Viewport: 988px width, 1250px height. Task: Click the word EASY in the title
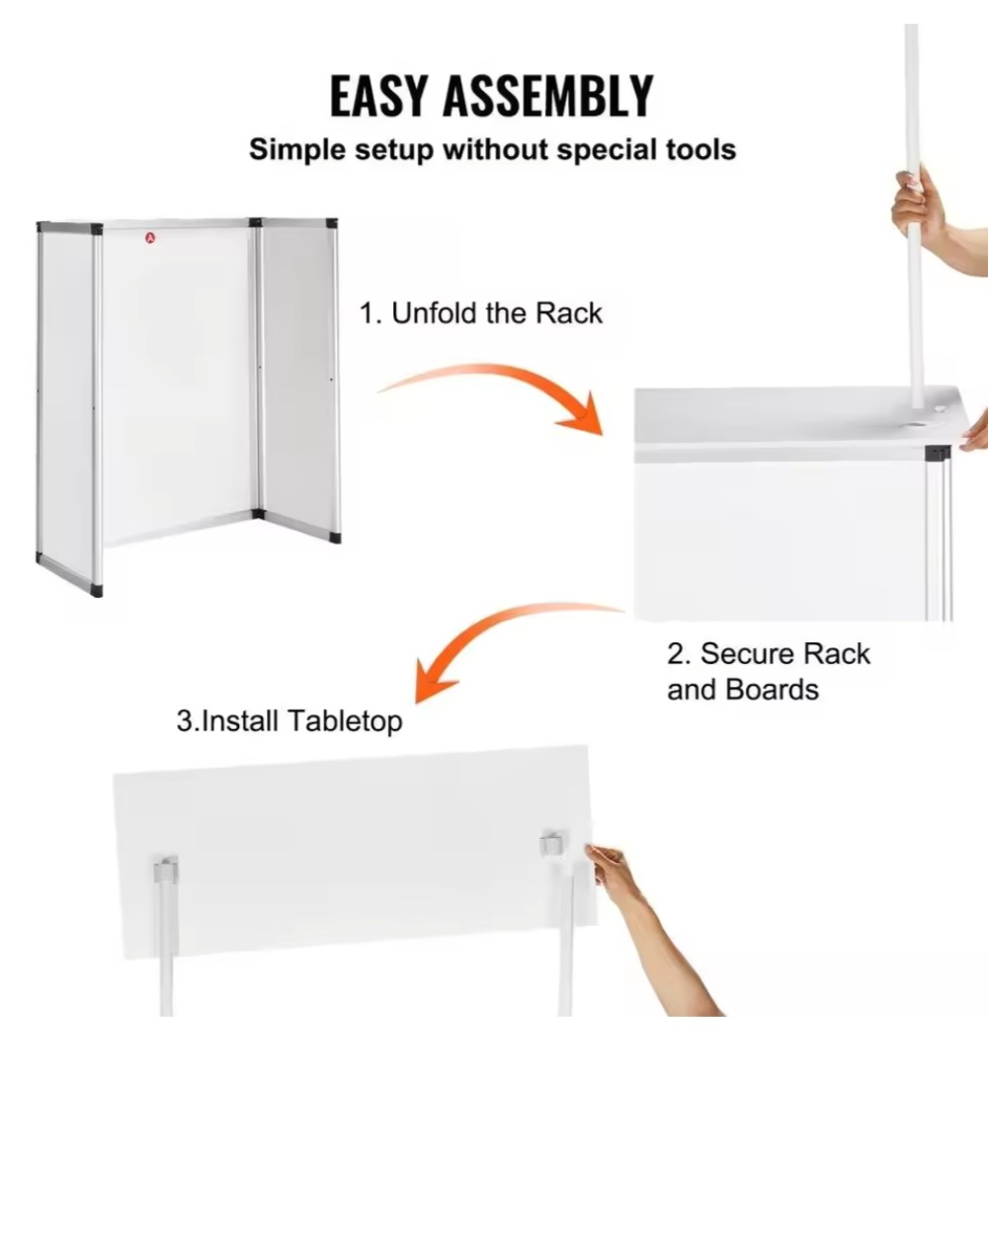[x=380, y=97]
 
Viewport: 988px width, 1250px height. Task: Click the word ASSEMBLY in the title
[x=547, y=97]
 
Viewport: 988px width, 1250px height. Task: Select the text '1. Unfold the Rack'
[x=480, y=313]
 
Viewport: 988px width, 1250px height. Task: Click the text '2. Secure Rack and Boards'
[x=768, y=671]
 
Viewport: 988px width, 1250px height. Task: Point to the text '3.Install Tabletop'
[x=289, y=720]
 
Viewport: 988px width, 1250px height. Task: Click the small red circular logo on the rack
[x=150, y=237]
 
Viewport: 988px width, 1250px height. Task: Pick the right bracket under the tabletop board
[x=552, y=845]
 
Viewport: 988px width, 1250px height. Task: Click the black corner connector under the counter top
[x=938, y=454]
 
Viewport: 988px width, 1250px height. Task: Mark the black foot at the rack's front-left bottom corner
[x=96, y=590]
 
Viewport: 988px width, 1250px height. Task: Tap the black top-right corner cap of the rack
[x=331, y=224]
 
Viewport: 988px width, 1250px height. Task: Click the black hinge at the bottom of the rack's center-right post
[x=258, y=514]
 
